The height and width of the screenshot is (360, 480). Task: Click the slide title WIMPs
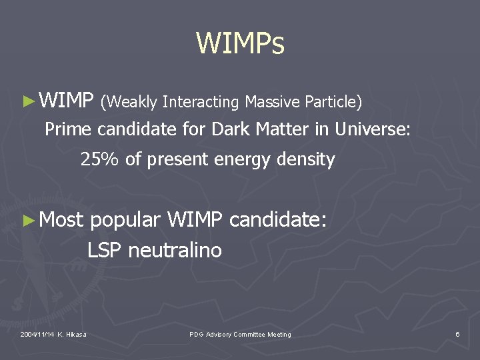point(240,44)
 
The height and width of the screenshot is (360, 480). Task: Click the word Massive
point(272,102)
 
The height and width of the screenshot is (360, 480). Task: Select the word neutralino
point(175,251)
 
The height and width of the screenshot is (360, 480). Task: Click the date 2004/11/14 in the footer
point(37,334)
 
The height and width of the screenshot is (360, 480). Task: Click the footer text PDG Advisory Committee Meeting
point(240,334)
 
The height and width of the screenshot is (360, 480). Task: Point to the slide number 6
point(457,334)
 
